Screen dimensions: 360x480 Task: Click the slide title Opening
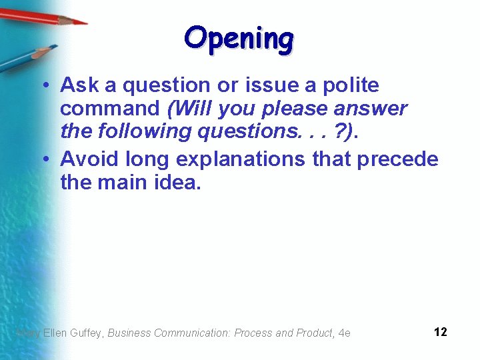[239, 39]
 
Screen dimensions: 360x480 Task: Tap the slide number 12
[440, 332]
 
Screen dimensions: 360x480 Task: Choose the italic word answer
[375, 109]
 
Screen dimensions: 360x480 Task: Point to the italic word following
[141, 131]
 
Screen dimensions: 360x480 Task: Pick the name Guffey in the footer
[87, 333]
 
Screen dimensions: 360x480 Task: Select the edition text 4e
[345, 333]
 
